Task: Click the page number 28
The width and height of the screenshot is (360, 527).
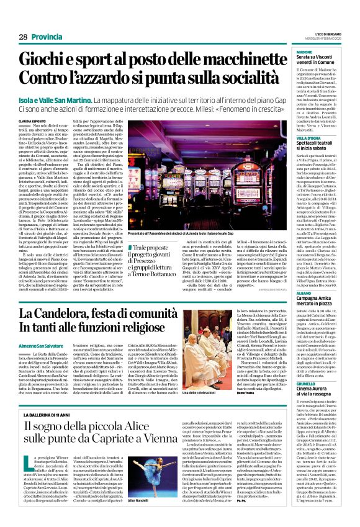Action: (x=23, y=37)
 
